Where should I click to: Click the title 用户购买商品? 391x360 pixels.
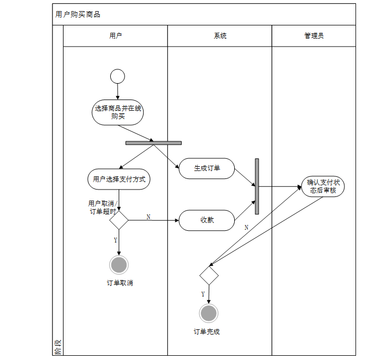pyautogui.click(x=78, y=14)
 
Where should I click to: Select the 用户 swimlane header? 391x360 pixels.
pyautogui.click(x=115, y=36)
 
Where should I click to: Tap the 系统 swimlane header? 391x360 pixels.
pyautogui.click(x=220, y=36)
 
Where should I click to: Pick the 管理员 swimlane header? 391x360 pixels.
pyautogui.click(x=314, y=36)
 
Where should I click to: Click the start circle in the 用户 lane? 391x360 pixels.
pyautogui.click(x=118, y=76)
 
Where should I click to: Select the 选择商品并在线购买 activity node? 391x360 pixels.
pyautogui.click(x=118, y=112)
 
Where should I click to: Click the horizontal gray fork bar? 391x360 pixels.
pyautogui.click(x=154, y=142)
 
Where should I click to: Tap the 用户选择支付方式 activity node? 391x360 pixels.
pyautogui.click(x=119, y=179)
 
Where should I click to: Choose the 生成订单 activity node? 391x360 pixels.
pyautogui.click(x=207, y=168)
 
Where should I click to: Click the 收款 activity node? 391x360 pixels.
pyautogui.click(x=207, y=220)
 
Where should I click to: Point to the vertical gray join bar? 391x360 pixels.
pyautogui.click(x=257, y=186)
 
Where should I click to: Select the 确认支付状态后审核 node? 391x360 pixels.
pyautogui.click(x=323, y=186)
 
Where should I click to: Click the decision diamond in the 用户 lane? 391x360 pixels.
pyautogui.click(x=119, y=220)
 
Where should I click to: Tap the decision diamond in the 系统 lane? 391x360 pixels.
pyautogui.click(x=209, y=275)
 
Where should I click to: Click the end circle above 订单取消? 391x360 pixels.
pyautogui.click(x=119, y=264)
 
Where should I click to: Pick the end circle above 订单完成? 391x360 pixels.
pyautogui.click(x=209, y=313)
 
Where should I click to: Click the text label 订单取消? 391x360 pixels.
pyautogui.click(x=120, y=283)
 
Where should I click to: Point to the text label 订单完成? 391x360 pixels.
pyautogui.click(x=207, y=332)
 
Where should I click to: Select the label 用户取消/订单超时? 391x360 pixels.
pyautogui.click(x=103, y=208)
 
